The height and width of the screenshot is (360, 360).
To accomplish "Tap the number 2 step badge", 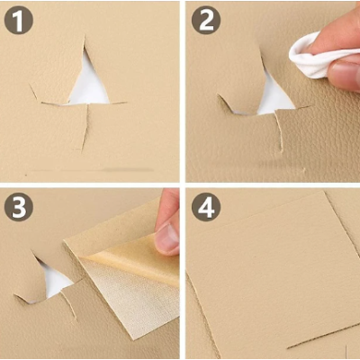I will point(206,22).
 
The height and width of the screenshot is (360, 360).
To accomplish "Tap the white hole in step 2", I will point(274,98).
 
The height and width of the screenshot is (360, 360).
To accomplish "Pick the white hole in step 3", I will point(55,280).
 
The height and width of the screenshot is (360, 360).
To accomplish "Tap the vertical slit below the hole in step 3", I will point(68,306).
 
